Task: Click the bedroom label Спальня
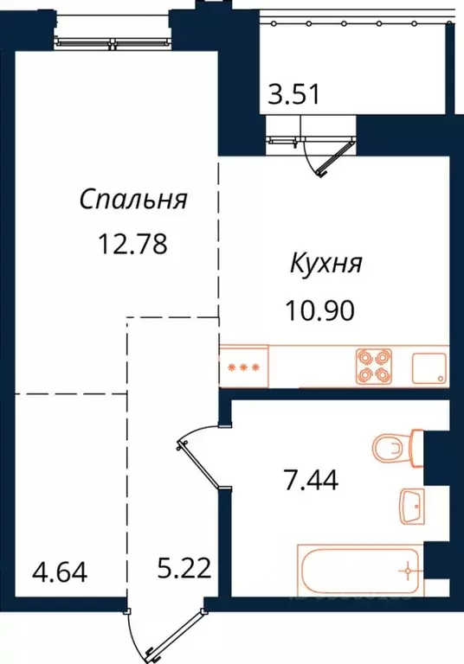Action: (x=133, y=200)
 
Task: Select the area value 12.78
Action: (x=132, y=244)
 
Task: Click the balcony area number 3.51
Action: (x=293, y=93)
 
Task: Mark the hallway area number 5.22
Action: (x=182, y=571)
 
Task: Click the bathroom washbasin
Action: (x=414, y=506)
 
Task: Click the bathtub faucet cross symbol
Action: (x=404, y=571)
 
